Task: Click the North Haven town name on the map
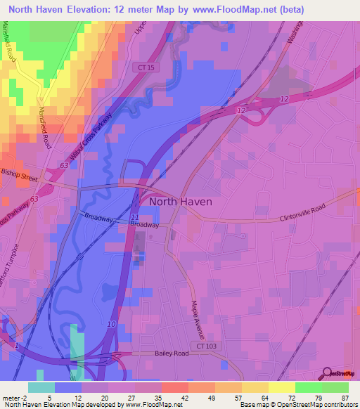pyautogui.click(x=181, y=201)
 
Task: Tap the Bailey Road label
pyautogui.click(x=172, y=353)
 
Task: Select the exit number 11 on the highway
pyautogui.click(x=134, y=219)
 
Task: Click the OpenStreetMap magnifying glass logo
pyautogui.click(x=326, y=373)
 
